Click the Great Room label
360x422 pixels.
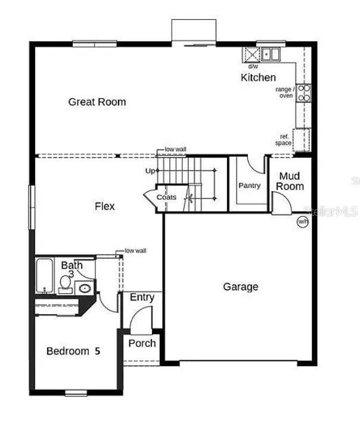tap(97, 102)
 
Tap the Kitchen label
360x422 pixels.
tap(258, 77)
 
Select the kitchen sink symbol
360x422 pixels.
tap(271, 54)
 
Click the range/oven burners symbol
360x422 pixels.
tap(303, 92)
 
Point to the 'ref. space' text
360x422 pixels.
tap(283, 140)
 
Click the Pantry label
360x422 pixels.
tap(250, 185)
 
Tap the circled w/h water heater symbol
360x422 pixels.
tap(303, 222)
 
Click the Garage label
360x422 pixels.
tap(241, 287)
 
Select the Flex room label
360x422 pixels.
tap(105, 206)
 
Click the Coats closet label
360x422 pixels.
tap(166, 197)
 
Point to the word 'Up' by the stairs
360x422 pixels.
tap(150, 171)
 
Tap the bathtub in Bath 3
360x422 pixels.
tap(45, 275)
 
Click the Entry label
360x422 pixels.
tap(142, 297)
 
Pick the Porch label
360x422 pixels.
tap(142, 343)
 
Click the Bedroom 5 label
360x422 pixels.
tap(73, 351)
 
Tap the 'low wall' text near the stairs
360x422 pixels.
tap(176, 149)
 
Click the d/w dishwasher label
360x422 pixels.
tap(253, 66)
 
